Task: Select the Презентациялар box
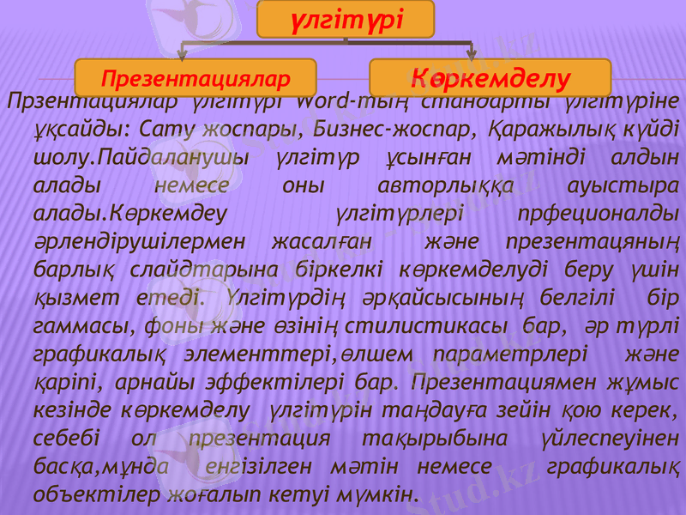click(x=196, y=80)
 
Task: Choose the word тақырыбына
click(x=435, y=438)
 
